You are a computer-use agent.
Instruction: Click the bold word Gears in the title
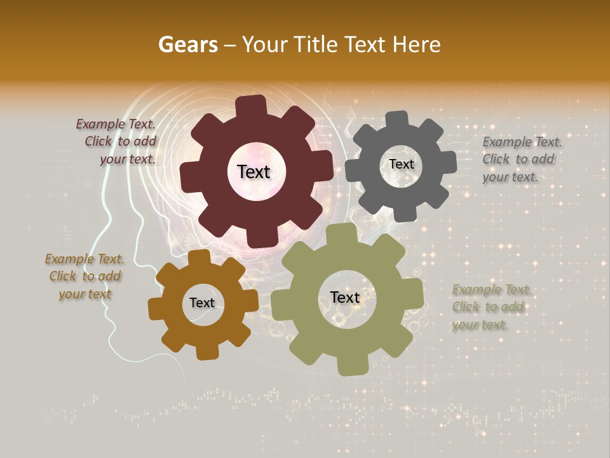(x=187, y=45)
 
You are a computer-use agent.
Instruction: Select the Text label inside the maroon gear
(x=254, y=172)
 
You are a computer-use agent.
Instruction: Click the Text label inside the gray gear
(x=401, y=164)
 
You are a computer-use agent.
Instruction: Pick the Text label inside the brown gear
(x=202, y=303)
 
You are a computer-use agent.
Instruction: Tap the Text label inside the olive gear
(x=345, y=297)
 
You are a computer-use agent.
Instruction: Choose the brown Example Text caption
(x=85, y=276)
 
